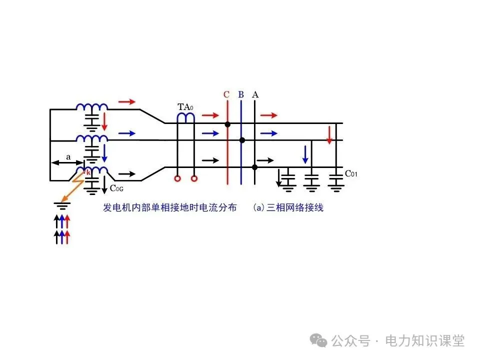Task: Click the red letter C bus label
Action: (226, 94)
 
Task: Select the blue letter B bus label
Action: (241, 94)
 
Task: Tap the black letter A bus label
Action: (255, 94)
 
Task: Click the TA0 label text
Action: (185, 107)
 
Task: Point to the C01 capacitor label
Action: (351, 174)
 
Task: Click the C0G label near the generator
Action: (116, 188)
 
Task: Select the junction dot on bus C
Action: (227, 123)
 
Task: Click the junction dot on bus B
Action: (242, 140)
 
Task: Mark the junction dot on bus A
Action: (255, 166)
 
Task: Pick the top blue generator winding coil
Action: (92, 107)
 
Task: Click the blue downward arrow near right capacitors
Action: (305, 154)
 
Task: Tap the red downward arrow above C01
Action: (329, 135)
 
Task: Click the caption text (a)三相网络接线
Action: (288, 207)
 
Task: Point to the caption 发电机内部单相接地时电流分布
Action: (169, 207)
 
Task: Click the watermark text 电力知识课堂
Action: (424, 341)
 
